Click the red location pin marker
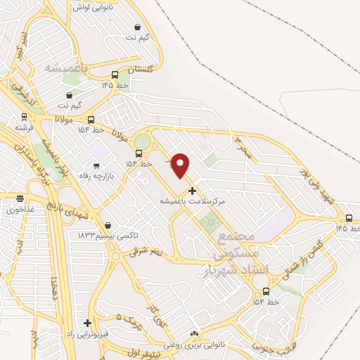click(x=181, y=165)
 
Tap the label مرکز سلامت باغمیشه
click(x=192, y=201)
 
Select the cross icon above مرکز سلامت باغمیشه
click(x=192, y=191)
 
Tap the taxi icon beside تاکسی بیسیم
click(x=108, y=225)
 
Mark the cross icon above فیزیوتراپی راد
click(x=87, y=323)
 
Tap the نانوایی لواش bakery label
click(x=98, y=8)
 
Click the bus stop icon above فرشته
click(x=24, y=117)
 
